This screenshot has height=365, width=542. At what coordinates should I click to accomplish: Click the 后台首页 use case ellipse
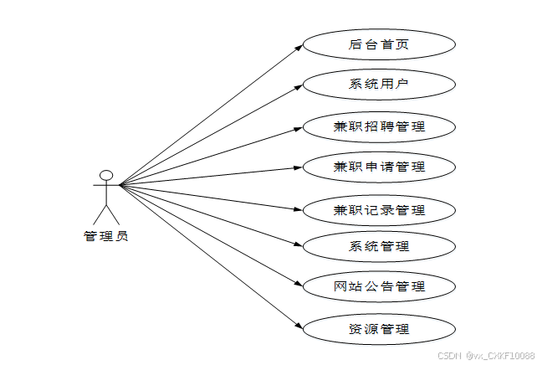(378, 44)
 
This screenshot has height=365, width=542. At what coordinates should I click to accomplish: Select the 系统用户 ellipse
(378, 85)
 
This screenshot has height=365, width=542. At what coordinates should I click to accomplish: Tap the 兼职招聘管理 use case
(378, 126)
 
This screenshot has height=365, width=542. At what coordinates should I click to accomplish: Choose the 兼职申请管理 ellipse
(378, 167)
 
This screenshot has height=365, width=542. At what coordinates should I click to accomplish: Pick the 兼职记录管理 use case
(378, 209)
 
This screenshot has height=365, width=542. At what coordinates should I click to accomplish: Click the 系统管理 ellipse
(378, 246)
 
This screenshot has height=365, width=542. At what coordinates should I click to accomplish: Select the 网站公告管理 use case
(378, 286)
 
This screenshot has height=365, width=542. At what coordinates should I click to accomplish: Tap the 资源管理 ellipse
(378, 328)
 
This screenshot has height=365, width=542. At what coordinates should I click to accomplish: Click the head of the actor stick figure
(106, 176)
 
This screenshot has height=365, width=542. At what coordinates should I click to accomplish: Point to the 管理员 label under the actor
(106, 236)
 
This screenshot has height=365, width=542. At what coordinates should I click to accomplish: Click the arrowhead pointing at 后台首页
(298, 47)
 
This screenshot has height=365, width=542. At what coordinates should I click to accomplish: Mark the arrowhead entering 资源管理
(298, 326)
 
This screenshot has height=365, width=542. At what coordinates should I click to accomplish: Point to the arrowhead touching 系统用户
(298, 86)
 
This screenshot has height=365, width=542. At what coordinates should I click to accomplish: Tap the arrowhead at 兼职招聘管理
(298, 127)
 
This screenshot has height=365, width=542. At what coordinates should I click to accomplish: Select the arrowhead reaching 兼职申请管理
(298, 167)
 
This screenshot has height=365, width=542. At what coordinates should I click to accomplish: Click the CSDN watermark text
(486, 356)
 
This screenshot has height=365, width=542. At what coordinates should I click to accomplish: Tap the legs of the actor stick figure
(106, 213)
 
